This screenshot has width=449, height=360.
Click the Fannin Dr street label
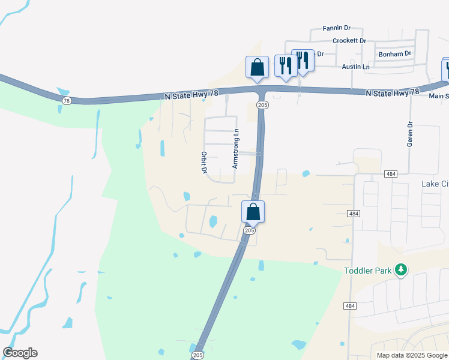click(x=336, y=28)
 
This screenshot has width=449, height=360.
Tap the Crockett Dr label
click(x=349, y=41)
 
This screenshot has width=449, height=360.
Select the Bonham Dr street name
click(x=395, y=54)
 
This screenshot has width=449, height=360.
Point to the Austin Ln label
click(x=355, y=67)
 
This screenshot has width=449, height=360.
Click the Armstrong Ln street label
click(x=236, y=148)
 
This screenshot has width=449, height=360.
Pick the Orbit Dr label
click(x=204, y=163)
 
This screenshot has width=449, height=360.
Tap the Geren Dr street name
click(x=411, y=134)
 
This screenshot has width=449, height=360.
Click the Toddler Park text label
click(x=368, y=271)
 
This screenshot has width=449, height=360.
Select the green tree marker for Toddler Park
click(x=401, y=271)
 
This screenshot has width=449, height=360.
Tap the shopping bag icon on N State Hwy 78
click(x=257, y=67)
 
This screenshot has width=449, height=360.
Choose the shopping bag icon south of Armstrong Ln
click(x=253, y=212)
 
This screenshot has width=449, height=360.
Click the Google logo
click(x=20, y=353)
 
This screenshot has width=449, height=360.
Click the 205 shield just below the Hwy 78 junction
click(x=262, y=104)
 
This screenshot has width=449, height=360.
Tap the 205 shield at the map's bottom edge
click(x=197, y=356)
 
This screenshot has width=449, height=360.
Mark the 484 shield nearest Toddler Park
click(x=350, y=306)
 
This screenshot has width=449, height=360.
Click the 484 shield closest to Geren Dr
click(x=391, y=174)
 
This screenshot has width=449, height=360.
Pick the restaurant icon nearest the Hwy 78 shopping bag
click(x=284, y=65)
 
